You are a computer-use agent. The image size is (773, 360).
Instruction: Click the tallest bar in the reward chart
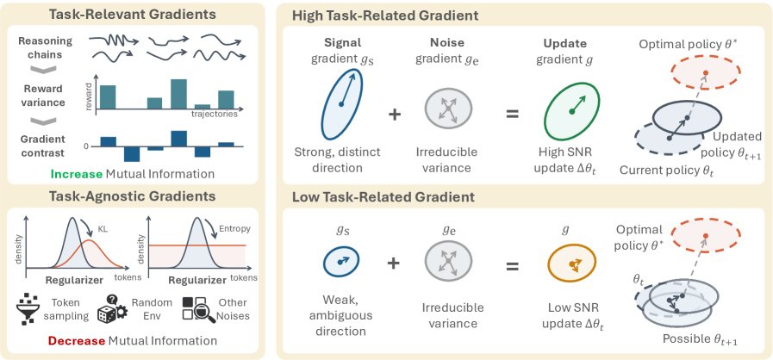tap(178, 94)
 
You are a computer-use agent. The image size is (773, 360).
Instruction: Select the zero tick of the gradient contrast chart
tap(88, 146)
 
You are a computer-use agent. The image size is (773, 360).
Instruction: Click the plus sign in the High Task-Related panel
tap(395, 115)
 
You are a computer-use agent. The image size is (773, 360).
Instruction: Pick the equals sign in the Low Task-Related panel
tap(512, 266)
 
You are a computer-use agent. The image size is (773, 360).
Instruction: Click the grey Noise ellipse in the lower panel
tap(448, 264)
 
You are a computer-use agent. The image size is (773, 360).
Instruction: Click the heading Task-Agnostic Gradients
tap(132, 196)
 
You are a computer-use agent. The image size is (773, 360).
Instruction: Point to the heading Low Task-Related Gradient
tap(383, 197)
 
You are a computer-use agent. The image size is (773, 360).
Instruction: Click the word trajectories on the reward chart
tap(214, 115)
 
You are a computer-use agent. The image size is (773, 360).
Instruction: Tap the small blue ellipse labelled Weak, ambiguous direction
tap(340, 263)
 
